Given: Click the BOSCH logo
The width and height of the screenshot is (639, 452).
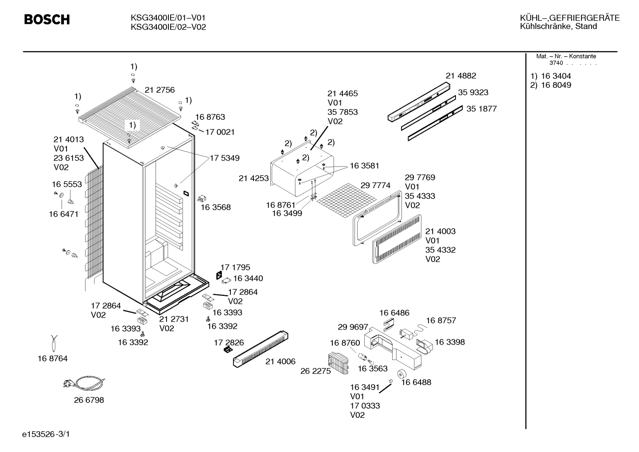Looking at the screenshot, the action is [47, 20].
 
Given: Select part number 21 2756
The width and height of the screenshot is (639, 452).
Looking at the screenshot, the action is [160, 90].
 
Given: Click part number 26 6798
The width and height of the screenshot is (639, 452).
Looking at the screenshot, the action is [89, 400].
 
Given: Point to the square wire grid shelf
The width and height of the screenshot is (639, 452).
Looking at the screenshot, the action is [347, 200].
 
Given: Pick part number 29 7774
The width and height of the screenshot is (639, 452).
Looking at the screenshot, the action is [375, 185].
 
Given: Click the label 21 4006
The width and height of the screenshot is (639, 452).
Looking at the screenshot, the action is [281, 362].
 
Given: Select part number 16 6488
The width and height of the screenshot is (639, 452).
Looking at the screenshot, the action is [416, 382].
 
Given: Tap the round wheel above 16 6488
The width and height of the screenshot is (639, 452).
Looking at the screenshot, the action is [402, 373].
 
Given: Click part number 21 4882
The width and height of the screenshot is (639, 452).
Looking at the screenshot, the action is [461, 76].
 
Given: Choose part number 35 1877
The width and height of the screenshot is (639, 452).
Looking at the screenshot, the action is [482, 109].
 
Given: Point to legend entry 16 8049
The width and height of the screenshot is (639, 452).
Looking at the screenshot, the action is [556, 85].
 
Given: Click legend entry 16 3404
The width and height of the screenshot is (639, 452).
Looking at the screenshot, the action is [556, 76].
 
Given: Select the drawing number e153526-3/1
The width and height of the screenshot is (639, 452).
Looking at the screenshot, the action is [46, 434].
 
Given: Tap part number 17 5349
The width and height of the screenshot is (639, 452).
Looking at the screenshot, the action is [225, 158].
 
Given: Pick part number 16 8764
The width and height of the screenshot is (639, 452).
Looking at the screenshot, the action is [52, 359].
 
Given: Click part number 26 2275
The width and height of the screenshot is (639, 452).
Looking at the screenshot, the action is [316, 371].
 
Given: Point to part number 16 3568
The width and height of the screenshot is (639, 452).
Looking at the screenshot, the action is [216, 207].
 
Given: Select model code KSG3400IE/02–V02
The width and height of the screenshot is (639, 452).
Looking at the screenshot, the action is [168, 28].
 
